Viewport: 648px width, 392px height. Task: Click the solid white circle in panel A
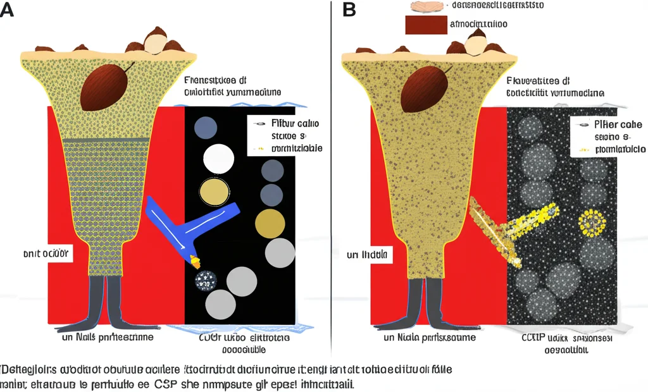(x=217, y=158)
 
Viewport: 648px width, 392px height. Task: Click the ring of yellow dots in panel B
(x=594, y=223)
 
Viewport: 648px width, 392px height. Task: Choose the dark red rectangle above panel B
(x=425, y=24)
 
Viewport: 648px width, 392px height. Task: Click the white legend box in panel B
(x=606, y=136)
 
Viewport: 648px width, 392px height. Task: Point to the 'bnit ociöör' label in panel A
(x=45, y=254)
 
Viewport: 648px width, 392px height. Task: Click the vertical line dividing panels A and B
(x=331, y=190)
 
